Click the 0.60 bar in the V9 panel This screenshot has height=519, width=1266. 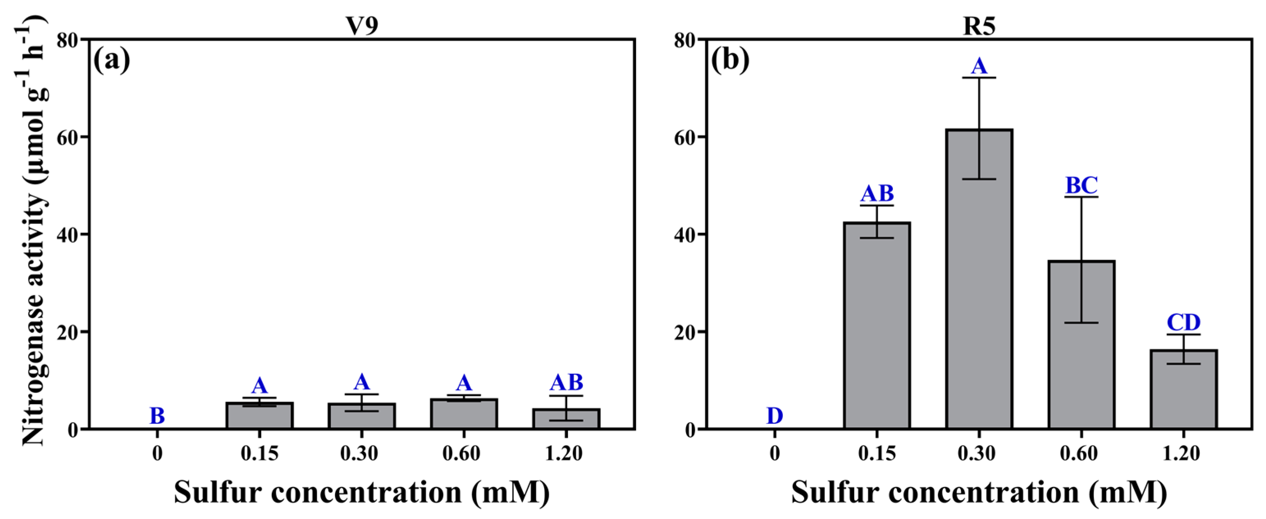(463, 414)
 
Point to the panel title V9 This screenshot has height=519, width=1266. (362, 25)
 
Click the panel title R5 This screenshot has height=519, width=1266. (979, 25)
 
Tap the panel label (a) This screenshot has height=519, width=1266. (112, 61)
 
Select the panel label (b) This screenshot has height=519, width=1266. (730, 61)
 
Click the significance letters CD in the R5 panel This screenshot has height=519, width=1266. (1184, 323)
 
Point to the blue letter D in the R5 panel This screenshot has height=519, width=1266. (775, 416)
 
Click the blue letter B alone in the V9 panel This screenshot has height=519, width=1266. (157, 416)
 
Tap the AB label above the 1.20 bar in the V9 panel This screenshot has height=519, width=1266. (566, 382)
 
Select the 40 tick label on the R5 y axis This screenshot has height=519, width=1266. (686, 234)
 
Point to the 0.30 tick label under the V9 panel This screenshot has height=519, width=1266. (359, 453)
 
